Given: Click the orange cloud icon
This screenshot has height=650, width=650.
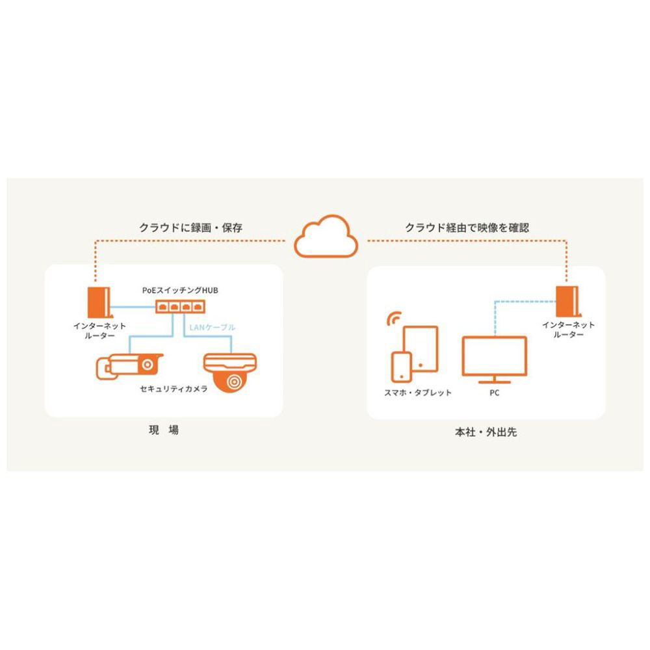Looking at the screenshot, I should (x=326, y=238).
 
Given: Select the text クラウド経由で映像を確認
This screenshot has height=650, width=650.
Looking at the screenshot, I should (x=467, y=227).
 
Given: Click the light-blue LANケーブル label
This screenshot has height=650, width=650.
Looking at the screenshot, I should (x=212, y=328).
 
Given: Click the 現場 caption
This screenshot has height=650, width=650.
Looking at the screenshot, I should (x=163, y=430).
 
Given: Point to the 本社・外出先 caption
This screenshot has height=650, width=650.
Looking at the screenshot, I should (x=486, y=432).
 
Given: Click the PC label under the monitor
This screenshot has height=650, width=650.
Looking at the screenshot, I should (x=494, y=393).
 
